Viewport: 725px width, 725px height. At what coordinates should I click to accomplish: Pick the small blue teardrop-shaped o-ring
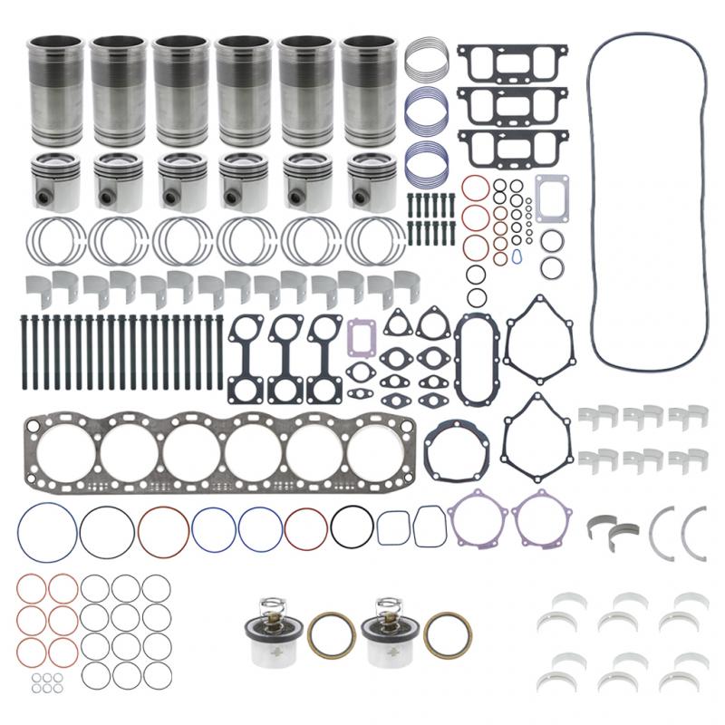[516, 256]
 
